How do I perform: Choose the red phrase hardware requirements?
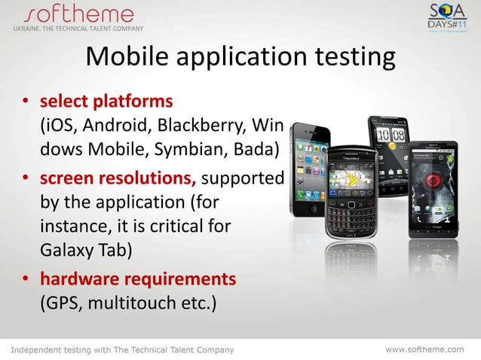coord(137,279)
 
